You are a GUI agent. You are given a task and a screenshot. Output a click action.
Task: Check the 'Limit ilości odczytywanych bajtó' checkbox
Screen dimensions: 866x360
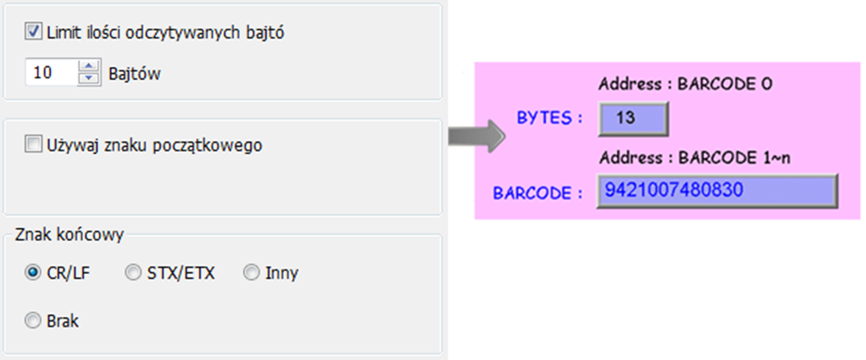33,32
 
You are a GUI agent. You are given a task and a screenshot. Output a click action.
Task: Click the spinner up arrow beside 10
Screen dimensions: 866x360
88,66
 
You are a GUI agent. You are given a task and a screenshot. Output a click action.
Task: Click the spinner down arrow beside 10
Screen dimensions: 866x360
88,79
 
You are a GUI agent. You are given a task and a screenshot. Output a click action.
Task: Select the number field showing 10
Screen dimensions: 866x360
52,72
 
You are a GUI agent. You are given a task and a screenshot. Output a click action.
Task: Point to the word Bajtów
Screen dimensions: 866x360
135,73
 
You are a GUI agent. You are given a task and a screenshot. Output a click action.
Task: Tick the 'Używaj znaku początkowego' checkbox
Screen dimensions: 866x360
33,145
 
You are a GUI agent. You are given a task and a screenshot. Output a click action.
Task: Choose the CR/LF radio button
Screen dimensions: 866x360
33,273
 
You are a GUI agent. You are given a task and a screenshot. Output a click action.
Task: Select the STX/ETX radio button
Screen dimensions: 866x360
133,273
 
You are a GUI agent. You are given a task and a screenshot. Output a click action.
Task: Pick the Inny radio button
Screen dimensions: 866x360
252,273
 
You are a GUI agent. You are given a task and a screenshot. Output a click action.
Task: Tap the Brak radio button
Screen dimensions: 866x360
33,320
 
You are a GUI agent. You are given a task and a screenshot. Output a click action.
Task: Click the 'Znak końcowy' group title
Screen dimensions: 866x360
70,235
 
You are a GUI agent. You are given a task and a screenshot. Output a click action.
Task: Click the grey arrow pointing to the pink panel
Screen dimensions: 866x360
476,136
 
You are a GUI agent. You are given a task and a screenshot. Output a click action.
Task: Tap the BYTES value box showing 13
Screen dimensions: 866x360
633,119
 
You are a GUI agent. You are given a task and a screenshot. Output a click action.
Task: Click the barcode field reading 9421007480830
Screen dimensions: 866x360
717,191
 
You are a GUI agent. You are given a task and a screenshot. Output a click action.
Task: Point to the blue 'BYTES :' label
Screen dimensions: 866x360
549,118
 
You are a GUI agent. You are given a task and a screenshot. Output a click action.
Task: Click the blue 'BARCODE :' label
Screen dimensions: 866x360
538,194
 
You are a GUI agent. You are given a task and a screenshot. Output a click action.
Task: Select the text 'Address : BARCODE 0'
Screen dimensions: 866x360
686,84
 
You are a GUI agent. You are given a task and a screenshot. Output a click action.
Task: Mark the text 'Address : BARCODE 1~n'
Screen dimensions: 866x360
694,158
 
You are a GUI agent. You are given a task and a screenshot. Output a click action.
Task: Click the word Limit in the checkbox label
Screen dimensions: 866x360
62,33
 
